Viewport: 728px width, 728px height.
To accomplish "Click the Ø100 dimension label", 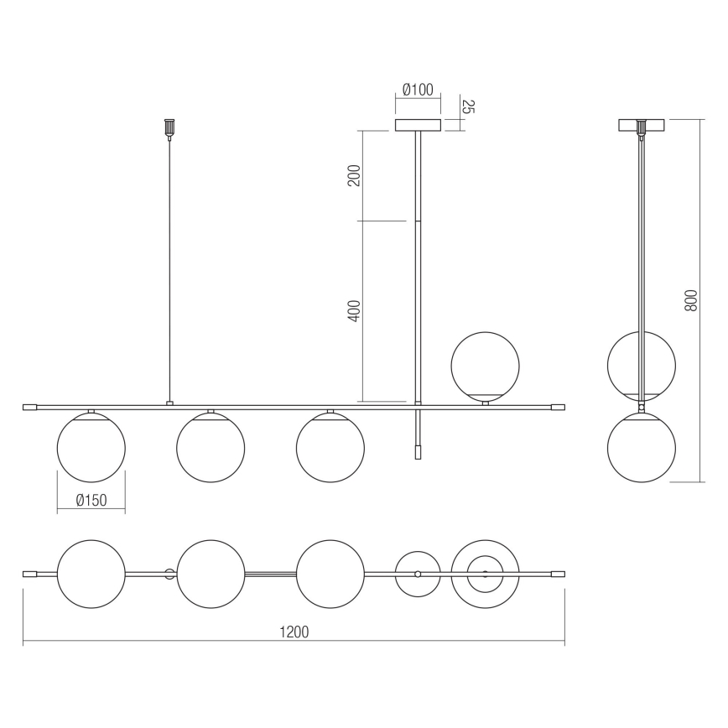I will [418, 90].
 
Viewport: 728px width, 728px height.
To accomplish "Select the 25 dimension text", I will [469, 107].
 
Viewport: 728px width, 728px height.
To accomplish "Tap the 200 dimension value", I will [354, 175].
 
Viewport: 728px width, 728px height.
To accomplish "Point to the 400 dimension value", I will [354, 311].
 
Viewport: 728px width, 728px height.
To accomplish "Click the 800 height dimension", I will [691, 300].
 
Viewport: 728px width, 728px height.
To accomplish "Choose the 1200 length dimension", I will [294, 632].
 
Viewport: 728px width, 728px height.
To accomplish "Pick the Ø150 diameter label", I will [91, 500].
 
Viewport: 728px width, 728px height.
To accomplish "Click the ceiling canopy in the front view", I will [418, 126].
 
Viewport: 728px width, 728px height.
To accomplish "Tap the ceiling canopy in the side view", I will [642, 126].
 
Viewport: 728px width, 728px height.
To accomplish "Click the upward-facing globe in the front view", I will [486, 366].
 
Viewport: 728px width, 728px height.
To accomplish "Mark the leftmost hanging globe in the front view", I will [91, 448].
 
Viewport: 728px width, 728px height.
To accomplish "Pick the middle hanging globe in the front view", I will [211, 448].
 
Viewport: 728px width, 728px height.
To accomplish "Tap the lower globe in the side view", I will [642, 448].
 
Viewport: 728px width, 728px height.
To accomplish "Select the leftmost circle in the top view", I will [91, 574].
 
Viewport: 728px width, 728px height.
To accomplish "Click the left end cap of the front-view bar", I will [29, 407].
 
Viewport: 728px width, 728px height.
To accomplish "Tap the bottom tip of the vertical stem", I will [418, 454].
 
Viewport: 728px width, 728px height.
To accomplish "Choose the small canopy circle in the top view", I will [418, 574].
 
